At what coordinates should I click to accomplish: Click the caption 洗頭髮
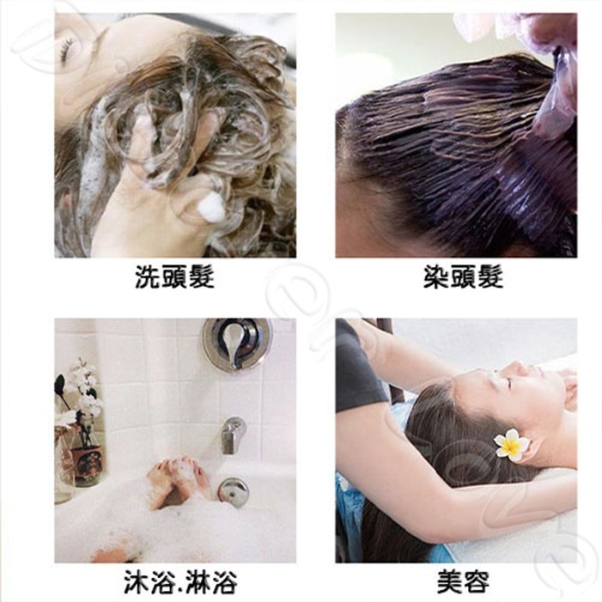[174, 277]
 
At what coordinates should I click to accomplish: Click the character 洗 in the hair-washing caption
[148, 277]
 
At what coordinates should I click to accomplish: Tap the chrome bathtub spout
[232, 434]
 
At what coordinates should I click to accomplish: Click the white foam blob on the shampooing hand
[210, 207]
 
